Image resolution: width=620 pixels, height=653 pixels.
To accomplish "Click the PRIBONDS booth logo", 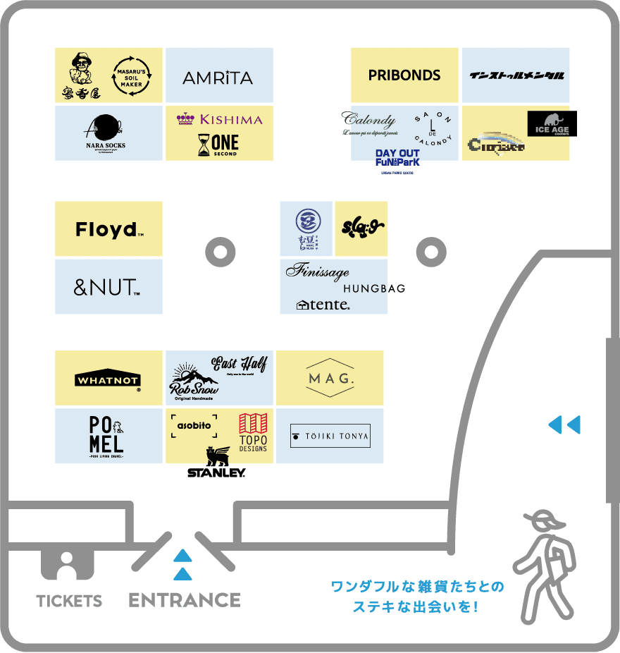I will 404,75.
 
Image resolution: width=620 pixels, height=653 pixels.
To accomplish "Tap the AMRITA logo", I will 218,78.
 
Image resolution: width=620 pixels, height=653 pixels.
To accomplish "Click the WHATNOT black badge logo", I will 108,379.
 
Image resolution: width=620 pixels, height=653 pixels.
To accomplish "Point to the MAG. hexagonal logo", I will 330,379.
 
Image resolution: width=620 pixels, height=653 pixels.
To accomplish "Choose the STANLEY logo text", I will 216,472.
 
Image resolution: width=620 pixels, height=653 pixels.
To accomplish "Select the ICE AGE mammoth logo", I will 552,124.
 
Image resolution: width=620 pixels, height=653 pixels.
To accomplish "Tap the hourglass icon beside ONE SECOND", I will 204,145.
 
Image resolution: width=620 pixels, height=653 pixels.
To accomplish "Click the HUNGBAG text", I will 374,288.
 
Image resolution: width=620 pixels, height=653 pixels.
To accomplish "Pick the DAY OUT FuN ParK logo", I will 397,158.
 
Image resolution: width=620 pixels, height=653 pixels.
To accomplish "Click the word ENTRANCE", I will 185,600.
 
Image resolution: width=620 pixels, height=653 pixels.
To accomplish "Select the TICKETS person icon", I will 68,565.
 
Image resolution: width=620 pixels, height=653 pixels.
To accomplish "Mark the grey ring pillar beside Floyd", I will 220,251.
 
